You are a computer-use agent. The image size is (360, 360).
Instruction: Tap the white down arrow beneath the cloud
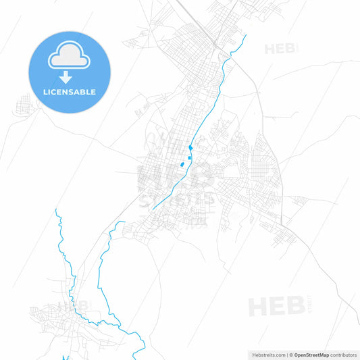69,78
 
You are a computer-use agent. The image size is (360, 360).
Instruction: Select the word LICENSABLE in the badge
69,92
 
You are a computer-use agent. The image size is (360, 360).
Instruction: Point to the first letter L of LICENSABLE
44,92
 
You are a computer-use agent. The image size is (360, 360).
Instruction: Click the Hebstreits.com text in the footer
267,354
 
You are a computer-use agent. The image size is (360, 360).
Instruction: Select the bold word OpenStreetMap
312,354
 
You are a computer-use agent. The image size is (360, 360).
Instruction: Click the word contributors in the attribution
343,354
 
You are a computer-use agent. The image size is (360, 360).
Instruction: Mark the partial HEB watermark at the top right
277,49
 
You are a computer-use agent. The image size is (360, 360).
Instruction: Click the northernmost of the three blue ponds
192,147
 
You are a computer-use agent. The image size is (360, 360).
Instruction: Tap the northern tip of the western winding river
57,210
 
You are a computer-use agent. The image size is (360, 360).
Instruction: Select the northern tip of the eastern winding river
124,222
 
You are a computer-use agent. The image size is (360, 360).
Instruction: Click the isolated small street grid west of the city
25,105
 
